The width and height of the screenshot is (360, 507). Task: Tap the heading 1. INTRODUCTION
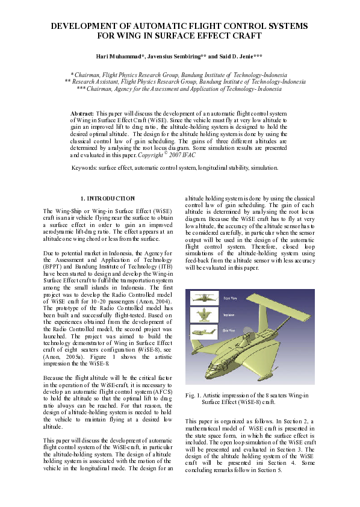click(108, 198)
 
